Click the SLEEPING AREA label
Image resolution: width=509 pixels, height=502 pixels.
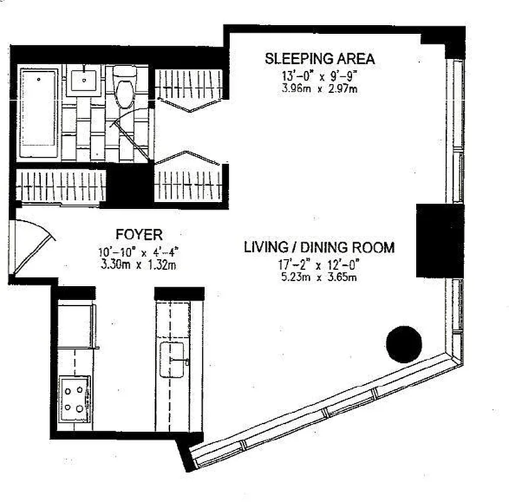pyautogui.click(x=319, y=59)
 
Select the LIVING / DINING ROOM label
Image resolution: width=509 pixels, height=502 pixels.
pyautogui.click(x=319, y=247)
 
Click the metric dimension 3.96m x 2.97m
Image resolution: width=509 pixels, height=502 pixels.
pyautogui.click(x=319, y=88)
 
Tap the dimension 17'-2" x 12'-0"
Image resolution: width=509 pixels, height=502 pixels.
pyautogui.click(x=319, y=264)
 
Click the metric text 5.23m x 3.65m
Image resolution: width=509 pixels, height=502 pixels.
pyautogui.click(x=319, y=276)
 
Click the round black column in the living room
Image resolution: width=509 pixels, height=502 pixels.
pyautogui.click(x=404, y=344)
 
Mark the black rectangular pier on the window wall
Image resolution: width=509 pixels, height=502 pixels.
pyautogui.click(x=439, y=240)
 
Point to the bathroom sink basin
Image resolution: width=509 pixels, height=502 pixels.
pyautogui.click(x=83, y=80)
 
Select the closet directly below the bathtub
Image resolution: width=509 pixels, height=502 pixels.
pyautogui.click(x=60, y=186)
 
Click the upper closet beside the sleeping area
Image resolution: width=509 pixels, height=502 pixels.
pyautogui.click(x=188, y=85)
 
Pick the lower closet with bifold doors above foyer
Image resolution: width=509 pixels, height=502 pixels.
pyautogui.click(x=188, y=182)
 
